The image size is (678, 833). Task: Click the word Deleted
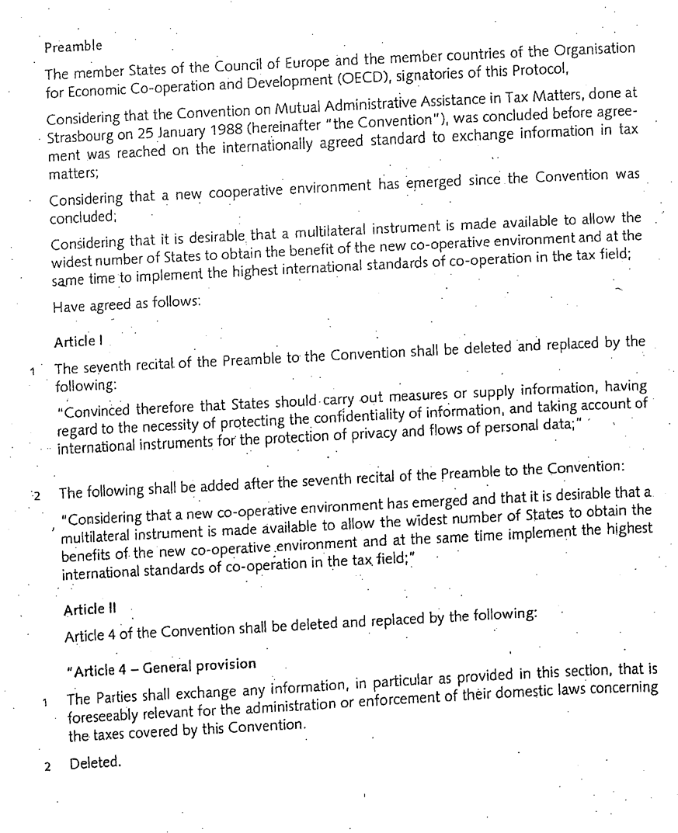pyautogui.click(x=96, y=763)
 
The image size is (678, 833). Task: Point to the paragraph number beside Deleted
pyautogui.click(x=47, y=767)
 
